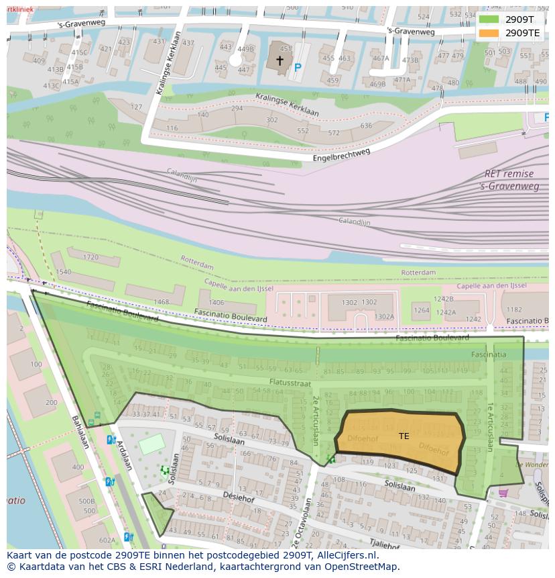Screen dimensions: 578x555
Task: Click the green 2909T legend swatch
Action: (489, 19)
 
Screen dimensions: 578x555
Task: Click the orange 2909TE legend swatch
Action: (489, 33)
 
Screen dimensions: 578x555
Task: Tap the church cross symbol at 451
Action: (280, 60)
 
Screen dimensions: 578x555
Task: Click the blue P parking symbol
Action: (298, 68)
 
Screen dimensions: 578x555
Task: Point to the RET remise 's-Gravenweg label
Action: (509, 180)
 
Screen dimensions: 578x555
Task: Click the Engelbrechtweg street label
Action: (341, 155)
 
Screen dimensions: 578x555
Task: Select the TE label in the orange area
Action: (404, 436)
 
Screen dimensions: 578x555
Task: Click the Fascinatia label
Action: (488, 354)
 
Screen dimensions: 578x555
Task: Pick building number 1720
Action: (90, 257)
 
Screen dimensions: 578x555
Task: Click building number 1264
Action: (421, 310)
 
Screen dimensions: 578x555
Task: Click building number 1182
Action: (514, 309)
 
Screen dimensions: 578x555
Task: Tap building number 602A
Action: (107, 540)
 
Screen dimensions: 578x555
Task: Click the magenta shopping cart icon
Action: (503, 493)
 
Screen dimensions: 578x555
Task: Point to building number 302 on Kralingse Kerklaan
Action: (271, 120)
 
